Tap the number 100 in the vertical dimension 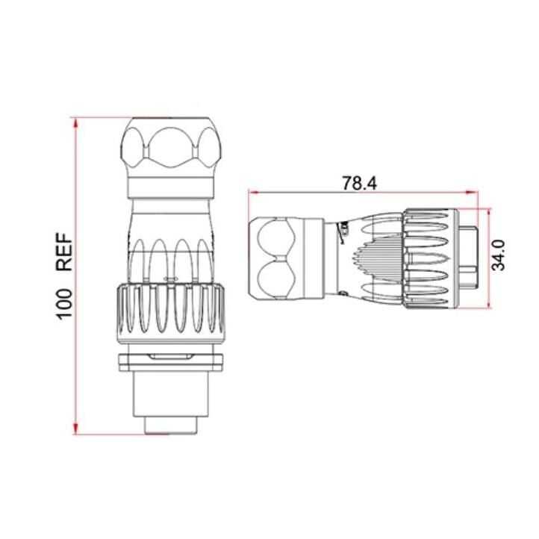point(66,302)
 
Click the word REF point(66,252)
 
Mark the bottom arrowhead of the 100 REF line point(77,434)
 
